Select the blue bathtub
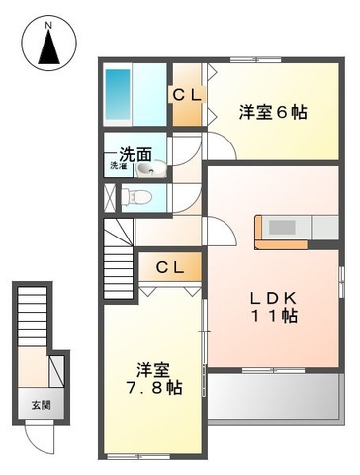pyautogui.click(x=120, y=95)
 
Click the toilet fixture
pyautogui.click(x=143, y=196)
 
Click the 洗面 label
pyautogui.click(x=135, y=155)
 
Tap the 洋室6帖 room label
pyautogui.click(x=271, y=113)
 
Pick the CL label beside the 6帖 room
pyautogui.click(x=187, y=95)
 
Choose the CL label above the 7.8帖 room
pyautogui.click(x=169, y=267)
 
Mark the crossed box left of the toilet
pyautogui.click(x=108, y=196)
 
